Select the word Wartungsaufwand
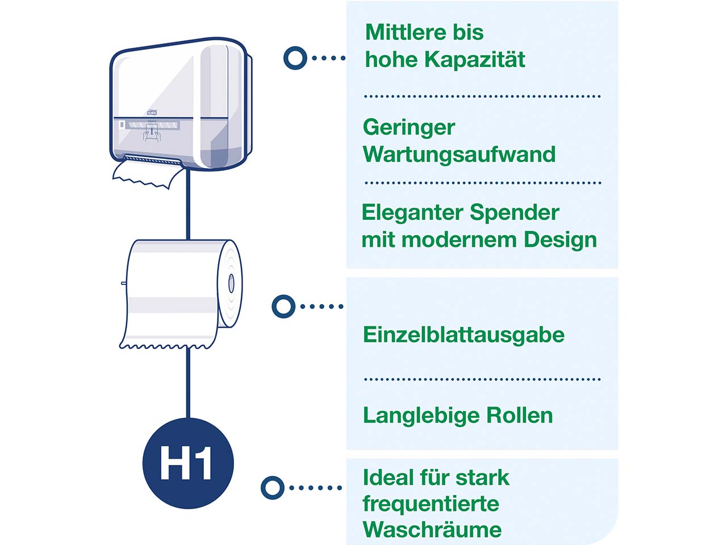click(x=459, y=154)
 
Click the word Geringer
click(x=409, y=128)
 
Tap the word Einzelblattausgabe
click(x=463, y=335)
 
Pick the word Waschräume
click(x=432, y=530)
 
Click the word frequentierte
click(x=431, y=504)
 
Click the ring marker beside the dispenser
click(x=295, y=58)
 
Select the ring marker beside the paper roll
click(x=283, y=307)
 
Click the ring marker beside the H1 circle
click(x=273, y=488)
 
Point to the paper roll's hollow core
click(x=231, y=283)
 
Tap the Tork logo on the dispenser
click(x=152, y=112)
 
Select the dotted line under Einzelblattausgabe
click(x=482, y=379)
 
